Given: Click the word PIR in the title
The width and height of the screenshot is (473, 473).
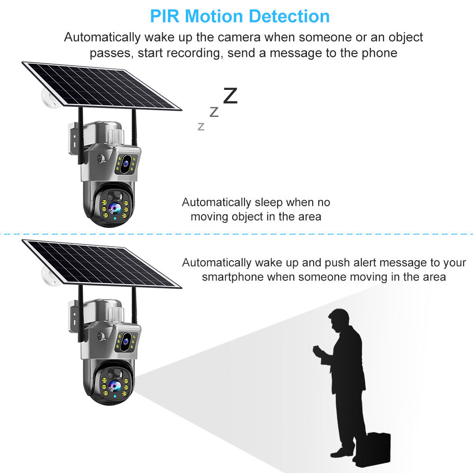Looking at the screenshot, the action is click(165, 16).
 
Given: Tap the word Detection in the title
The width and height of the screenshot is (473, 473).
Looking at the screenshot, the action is click(289, 16).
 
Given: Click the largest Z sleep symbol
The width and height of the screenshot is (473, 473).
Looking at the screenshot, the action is click(230, 96).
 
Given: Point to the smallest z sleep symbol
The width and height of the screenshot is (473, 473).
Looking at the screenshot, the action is click(201, 127).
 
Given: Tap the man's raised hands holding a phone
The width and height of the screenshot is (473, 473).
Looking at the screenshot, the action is click(317, 352).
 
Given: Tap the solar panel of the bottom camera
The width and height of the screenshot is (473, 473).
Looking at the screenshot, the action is click(102, 263).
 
